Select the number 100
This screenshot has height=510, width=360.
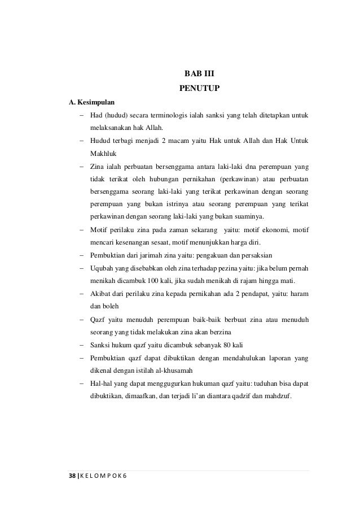pos(154,282)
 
